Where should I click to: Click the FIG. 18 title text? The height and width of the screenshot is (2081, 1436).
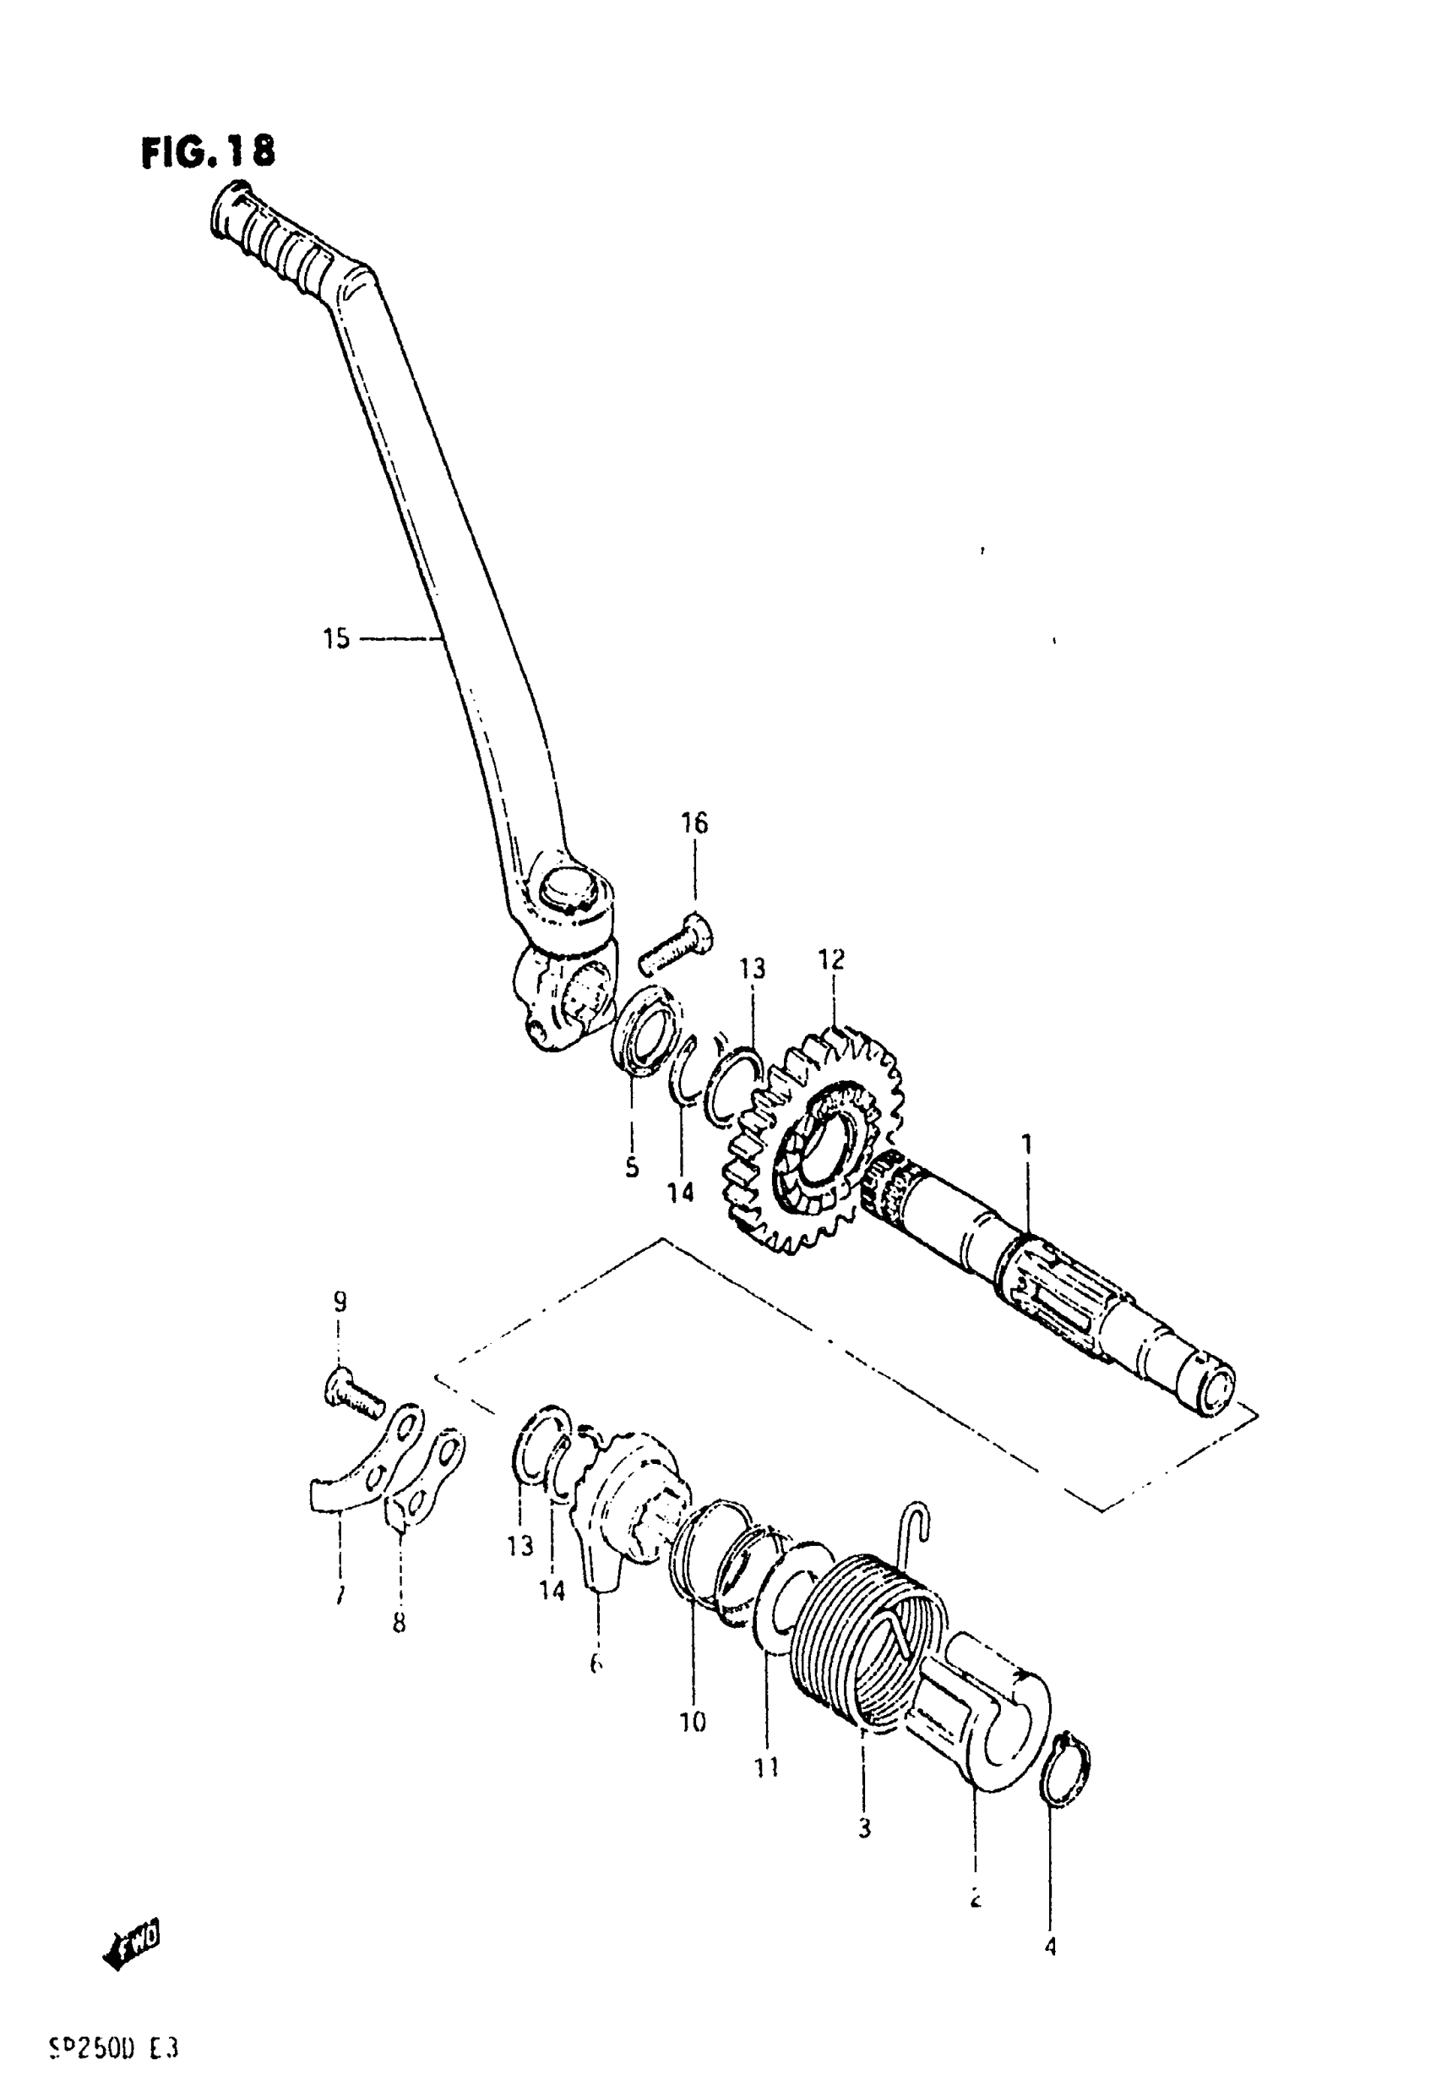point(208,152)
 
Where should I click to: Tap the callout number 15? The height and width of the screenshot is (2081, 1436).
point(335,639)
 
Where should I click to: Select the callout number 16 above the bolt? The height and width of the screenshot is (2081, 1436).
point(694,822)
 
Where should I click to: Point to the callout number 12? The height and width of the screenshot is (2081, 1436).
point(831,959)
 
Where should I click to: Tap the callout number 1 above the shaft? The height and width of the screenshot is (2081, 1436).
point(1026,1145)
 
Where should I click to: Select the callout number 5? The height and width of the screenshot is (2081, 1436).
point(632,1167)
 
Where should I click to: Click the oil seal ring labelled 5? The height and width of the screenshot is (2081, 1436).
point(645,1029)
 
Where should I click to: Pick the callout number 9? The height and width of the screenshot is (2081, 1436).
point(340,1302)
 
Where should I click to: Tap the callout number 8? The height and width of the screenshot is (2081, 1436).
point(399,1623)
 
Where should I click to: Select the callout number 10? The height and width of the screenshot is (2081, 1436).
point(693,1722)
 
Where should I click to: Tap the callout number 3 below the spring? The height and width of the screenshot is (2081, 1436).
point(864,1828)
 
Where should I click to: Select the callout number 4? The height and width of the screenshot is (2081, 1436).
point(1050,1947)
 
